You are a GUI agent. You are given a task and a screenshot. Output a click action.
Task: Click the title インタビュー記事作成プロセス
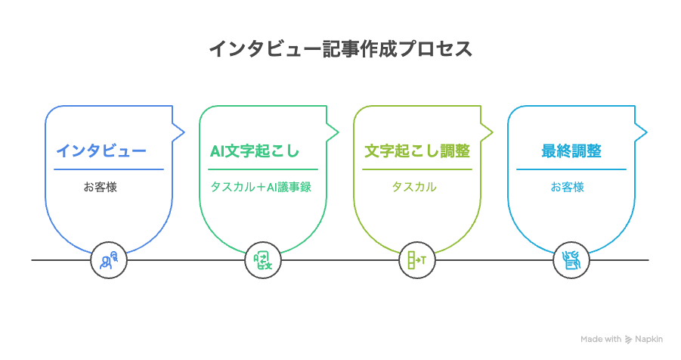(x=340, y=48)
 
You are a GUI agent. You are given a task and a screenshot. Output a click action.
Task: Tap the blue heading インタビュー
(x=101, y=151)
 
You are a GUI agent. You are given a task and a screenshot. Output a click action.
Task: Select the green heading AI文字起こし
(x=255, y=151)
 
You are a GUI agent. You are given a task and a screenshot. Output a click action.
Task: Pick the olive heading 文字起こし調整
(x=417, y=151)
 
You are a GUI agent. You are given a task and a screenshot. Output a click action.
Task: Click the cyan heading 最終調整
(x=571, y=151)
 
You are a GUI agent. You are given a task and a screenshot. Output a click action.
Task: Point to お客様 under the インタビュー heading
(x=101, y=187)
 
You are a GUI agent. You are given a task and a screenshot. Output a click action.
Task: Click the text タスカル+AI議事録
(x=261, y=187)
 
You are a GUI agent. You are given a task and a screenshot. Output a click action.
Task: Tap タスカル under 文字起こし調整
(x=414, y=187)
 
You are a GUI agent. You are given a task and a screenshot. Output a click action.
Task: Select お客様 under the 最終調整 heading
(x=567, y=187)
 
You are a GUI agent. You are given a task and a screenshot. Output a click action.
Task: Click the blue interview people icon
(x=109, y=260)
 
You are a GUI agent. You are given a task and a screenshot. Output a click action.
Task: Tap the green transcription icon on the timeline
(x=263, y=260)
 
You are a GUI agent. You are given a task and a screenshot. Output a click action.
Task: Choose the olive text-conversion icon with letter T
(x=417, y=260)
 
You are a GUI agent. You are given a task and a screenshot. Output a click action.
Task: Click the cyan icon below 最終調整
(x=571, y=260)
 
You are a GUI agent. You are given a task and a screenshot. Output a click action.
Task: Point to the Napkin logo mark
(x=628, y=340)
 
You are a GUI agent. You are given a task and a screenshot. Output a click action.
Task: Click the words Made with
(x=601, y=339)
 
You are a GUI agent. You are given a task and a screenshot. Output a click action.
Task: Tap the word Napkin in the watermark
(x=648, y=339)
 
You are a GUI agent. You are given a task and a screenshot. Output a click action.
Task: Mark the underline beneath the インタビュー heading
(x=109, y=169)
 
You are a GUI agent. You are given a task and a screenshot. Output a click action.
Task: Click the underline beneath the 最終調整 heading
(x=571, y=169)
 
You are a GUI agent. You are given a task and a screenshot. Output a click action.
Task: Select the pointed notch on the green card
(x=338, y=132)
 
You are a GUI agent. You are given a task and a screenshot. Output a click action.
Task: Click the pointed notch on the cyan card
(x=646, y=132)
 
